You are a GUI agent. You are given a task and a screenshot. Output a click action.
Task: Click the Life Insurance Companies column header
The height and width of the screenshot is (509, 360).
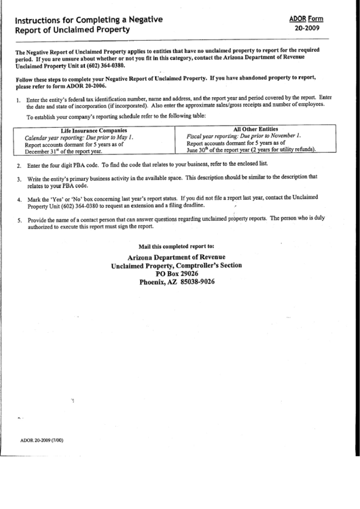(x=93, y=130)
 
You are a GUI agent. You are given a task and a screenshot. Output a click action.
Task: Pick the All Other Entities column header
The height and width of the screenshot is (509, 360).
(x=255, y=128)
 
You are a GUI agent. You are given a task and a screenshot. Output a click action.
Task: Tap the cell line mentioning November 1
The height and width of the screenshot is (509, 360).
(x=243, y=136)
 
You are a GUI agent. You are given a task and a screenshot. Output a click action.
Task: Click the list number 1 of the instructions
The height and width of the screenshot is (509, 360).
(x=19, y=99)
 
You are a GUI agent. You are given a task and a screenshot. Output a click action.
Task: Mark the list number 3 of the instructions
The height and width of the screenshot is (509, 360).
(x=19, y=179)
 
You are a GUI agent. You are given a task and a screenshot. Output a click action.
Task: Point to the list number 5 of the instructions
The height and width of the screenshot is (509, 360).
(x=19, y=220)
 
